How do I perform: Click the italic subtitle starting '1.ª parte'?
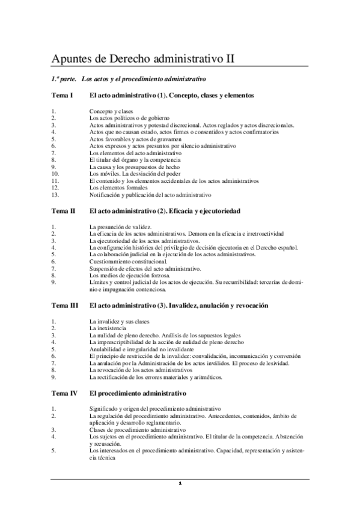[129, 79]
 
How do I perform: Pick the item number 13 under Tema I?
[55, 194]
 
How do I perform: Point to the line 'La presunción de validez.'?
[120, 227]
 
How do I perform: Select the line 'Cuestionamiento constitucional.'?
[127, 261]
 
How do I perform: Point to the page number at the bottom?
[180, 483]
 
